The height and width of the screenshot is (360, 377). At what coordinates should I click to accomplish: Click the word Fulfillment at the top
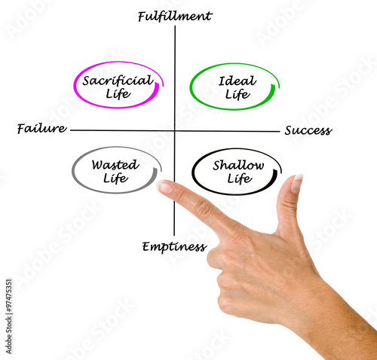175,17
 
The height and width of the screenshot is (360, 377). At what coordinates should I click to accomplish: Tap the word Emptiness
174,247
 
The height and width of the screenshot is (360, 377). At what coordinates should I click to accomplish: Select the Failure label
42,129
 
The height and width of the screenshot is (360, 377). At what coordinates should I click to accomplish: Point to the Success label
308,130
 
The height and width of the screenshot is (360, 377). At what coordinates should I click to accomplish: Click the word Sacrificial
118,81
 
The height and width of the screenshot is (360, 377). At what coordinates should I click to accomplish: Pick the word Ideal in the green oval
238,81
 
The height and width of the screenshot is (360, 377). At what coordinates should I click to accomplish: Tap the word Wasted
115,165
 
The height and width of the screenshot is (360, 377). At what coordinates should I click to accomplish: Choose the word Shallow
238,166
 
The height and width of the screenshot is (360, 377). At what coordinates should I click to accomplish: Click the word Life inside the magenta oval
118,94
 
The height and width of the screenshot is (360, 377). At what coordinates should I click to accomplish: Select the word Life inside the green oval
238,94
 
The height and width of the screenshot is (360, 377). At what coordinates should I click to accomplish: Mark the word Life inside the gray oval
115,178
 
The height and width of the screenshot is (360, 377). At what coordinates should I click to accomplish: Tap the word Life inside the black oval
240,179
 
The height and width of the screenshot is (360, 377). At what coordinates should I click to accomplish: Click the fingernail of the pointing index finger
164,187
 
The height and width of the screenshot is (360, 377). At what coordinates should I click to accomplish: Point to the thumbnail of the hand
297,183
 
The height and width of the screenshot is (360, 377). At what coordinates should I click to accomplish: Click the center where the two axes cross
175,130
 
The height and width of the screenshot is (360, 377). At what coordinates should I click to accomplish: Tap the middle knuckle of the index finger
204,208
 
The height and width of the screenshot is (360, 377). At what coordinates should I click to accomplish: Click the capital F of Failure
21,129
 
